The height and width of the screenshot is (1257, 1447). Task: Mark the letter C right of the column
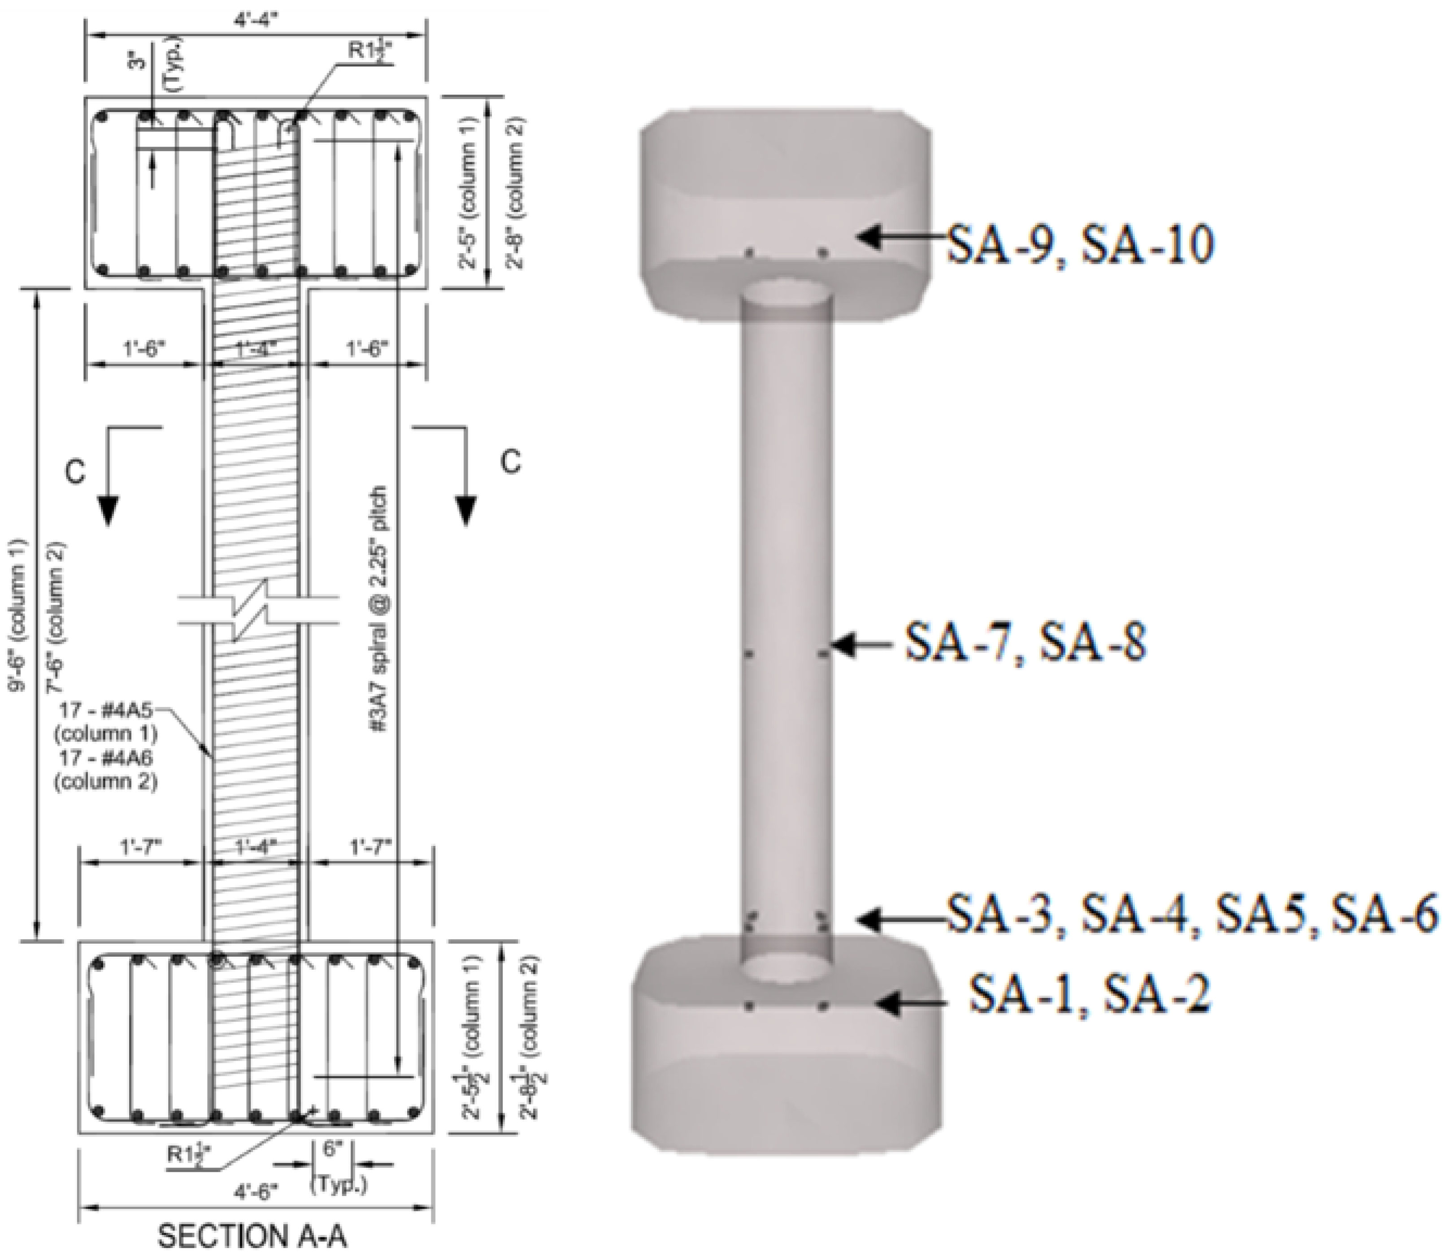click(x=511, y=462)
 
